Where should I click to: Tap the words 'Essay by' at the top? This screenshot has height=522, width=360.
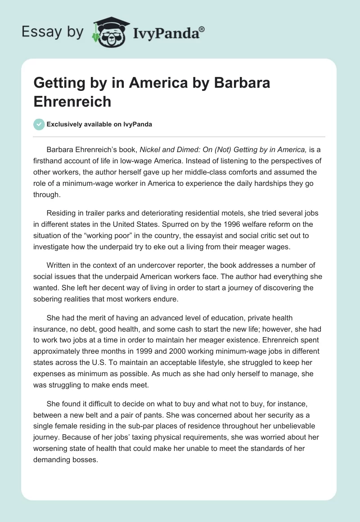click(x=53, y=32)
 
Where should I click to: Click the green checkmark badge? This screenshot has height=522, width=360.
click(x=39, y=124)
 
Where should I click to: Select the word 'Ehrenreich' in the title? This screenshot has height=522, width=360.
click(x=72, y=101)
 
